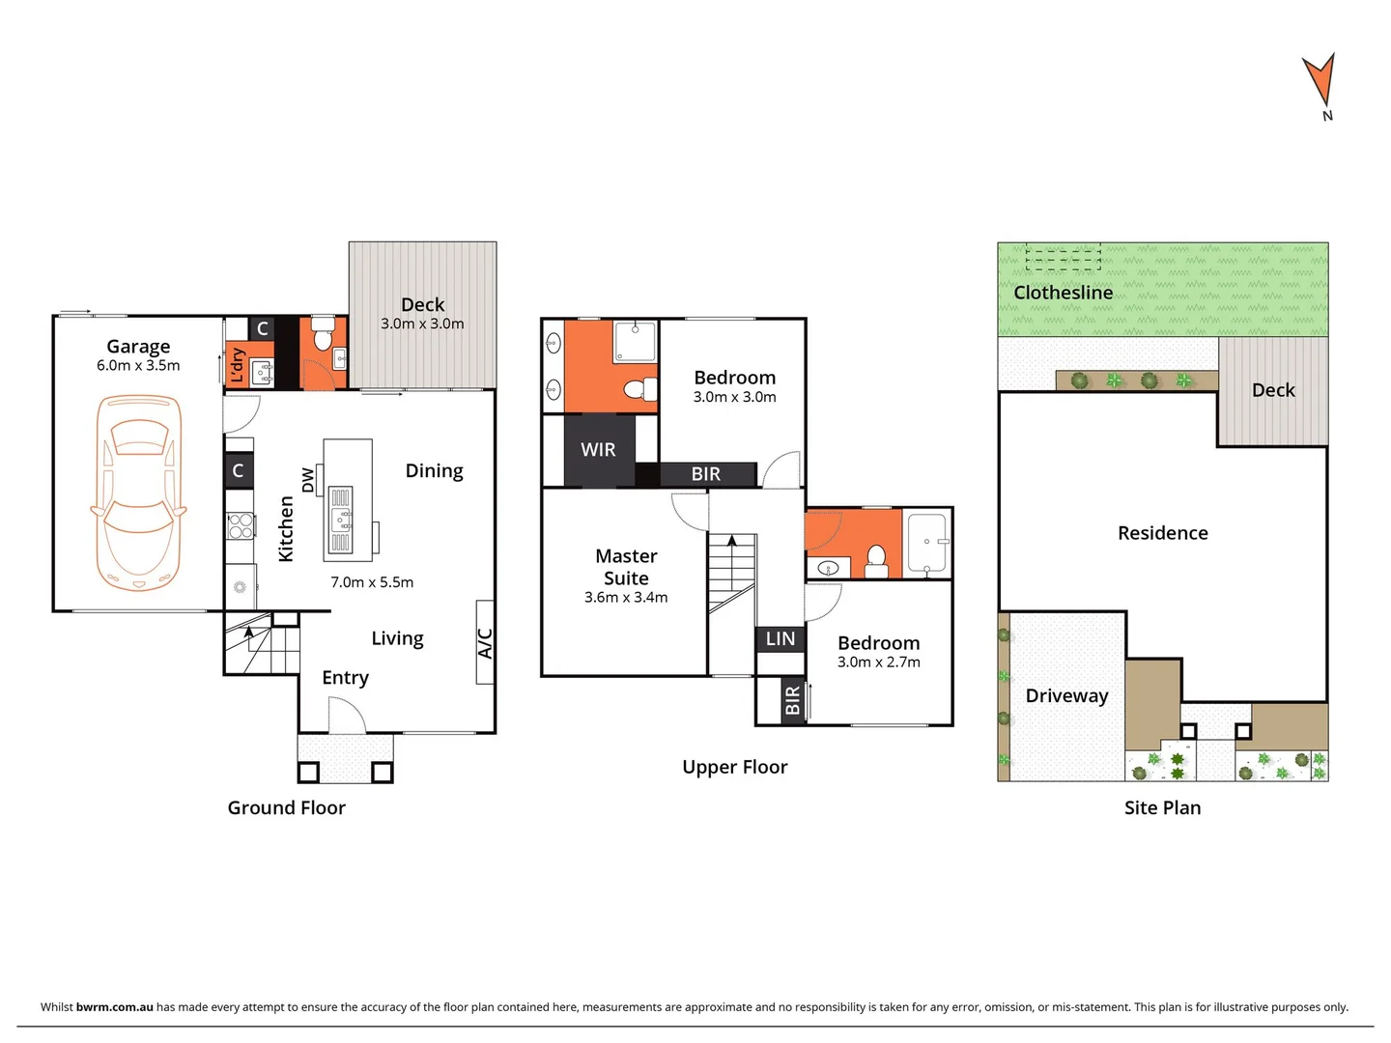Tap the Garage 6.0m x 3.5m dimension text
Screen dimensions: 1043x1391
tap(138, 366)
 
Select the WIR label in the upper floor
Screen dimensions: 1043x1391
tap(598, 450)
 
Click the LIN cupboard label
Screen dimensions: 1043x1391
tap(781, 638)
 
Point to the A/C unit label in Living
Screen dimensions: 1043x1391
tap(485, 643)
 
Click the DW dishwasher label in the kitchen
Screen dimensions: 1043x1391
tap(308, 480)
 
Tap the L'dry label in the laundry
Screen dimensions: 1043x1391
tap(237, 365)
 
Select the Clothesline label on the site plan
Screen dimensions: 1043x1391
tap(1063, 293)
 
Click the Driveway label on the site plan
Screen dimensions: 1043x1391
tap(1066, 696)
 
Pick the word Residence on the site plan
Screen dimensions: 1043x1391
tap(1162, 533)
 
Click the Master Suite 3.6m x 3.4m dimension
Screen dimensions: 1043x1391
tap(626, 598)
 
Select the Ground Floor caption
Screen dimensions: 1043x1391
tap(286, 808)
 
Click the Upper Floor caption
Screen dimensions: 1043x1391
tap(734, 768)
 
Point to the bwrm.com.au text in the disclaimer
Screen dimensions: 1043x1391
tap(114, 1007)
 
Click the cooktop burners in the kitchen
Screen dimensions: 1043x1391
tap(240, 525)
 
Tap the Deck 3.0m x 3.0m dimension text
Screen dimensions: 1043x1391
tap(422, 324)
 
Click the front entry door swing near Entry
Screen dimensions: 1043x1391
tap(346, 716)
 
